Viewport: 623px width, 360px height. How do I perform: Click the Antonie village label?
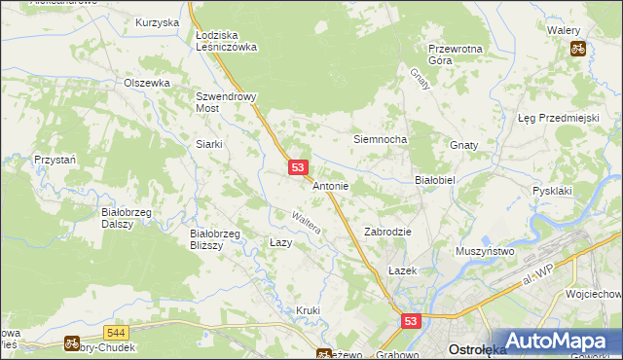coord(331,185)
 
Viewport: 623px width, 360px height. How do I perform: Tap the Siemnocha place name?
coord(379,139)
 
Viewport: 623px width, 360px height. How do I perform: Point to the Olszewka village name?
coord(147,83)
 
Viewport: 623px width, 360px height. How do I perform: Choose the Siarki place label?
coord(210,144)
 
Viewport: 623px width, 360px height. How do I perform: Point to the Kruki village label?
coord(308,310)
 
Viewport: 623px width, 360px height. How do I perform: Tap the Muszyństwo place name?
coord(485,251)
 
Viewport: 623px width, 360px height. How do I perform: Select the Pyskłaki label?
coord(552,191)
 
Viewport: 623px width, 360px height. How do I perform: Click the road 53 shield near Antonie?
coord(299,168)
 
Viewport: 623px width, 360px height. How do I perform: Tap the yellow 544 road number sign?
coord(116,333)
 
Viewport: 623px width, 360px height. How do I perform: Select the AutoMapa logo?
coord(556,342)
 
